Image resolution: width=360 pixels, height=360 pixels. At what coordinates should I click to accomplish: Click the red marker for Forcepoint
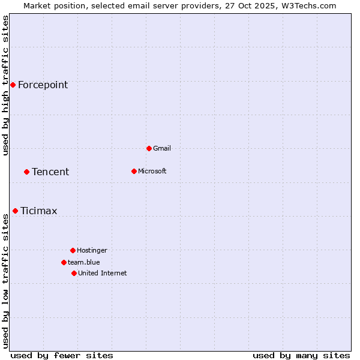(x=13, y=85)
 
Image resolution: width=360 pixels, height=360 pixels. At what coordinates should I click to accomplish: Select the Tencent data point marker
(x=26, y=172)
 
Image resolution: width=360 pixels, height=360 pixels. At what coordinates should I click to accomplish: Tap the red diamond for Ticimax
(x=15, y=211)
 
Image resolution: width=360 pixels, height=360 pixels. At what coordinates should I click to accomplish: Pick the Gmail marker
(x=149, y=148)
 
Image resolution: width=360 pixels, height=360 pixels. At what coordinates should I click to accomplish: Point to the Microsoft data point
(x=134, y=171)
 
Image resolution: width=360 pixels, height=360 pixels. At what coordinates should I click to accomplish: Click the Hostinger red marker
(x=73, y=250)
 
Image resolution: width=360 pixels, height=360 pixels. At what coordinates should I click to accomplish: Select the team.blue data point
(x=64, y=262)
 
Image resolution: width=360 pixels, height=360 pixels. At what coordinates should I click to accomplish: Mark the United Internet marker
(x=74, y=273)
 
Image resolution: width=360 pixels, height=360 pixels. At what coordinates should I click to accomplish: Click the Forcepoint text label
(x=43, y=85)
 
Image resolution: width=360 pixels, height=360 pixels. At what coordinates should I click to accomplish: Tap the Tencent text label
(x=50, y=172)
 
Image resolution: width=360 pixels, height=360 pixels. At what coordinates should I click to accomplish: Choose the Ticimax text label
(x=39, y=211)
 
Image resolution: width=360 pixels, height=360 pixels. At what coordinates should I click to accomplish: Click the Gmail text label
(x=162, y=148)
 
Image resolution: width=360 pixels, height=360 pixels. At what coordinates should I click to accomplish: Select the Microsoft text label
(x=152, y=171)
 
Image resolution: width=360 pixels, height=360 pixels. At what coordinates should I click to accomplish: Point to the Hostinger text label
(x=92, y=250)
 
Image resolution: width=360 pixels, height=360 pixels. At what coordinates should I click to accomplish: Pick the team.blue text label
(x=83, y=262)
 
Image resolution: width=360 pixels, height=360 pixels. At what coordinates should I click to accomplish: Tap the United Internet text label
(x=102, y=273)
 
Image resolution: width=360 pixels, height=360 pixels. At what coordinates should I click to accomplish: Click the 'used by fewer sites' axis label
(x=62, y=355)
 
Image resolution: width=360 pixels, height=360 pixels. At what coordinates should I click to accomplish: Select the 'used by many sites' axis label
(x=301, y=355)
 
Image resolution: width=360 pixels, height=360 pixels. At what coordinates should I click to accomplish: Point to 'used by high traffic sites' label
(x=5, y=85)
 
